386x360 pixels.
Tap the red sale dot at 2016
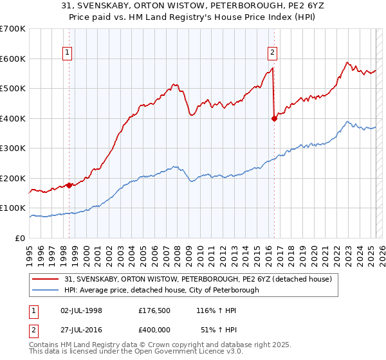(275, 118)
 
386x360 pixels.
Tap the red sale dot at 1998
(69, 185)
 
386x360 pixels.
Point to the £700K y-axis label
(13, 29)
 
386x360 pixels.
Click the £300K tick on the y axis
(13, 148)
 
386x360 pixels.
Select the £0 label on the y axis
(21, 239)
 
